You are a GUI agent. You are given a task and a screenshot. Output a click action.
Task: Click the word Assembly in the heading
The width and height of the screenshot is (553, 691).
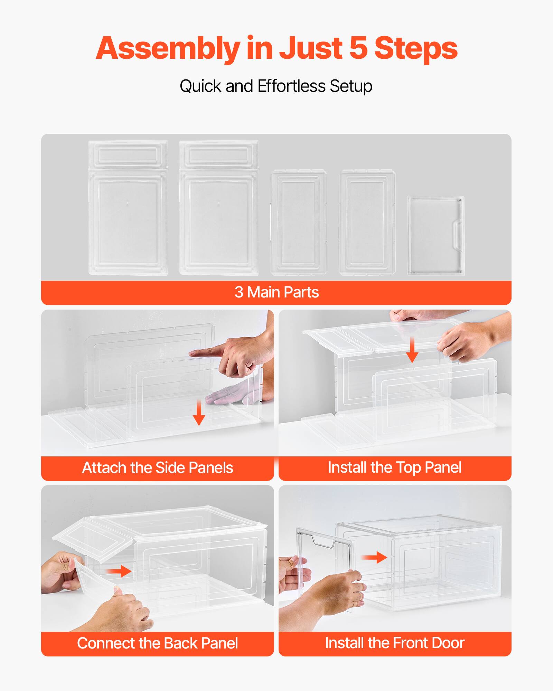pyautogui.click(x=168, y=48)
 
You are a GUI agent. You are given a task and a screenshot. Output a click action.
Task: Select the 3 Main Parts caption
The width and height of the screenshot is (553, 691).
pyautogui.click(x=276, y=292)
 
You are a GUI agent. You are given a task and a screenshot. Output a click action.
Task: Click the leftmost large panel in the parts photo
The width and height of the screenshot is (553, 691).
pyautogui.click(x=128, y=208)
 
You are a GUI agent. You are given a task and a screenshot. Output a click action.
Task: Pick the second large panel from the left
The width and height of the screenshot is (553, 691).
pyautogui.click(x=219, y=208)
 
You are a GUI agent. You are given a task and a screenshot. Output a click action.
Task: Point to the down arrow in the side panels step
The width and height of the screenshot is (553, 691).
pyautogui.click(x=199, y=413)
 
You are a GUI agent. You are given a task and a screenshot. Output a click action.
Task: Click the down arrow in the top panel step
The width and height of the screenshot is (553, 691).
pyautogui.click(x=412, y=350)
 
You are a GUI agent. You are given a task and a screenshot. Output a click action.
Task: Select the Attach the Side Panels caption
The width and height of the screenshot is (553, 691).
pyautogui.click(x=157, y=468)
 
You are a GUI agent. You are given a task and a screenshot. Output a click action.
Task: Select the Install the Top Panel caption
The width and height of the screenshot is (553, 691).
pyautogui.click(x=394, y=467)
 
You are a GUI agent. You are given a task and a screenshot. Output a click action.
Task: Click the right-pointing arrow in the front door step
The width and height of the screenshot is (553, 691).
pyautogui.click(x=374, y=557)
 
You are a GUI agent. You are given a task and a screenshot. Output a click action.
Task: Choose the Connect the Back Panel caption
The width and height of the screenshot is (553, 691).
pyautogui.click(x=157, y=643)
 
